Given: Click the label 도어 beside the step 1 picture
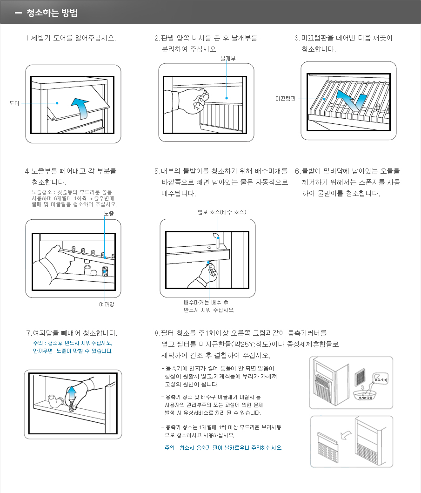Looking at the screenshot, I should point(14,103).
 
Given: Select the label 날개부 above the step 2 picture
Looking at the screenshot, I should point(228,59).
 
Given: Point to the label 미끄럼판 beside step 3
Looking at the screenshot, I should point(285,99).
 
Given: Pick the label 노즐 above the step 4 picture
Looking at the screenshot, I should point(109,213).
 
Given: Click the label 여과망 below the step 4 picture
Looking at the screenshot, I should point(107,304).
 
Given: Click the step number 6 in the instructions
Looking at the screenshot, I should point(297,171).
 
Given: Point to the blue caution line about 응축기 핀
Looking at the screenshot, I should point(220,448).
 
